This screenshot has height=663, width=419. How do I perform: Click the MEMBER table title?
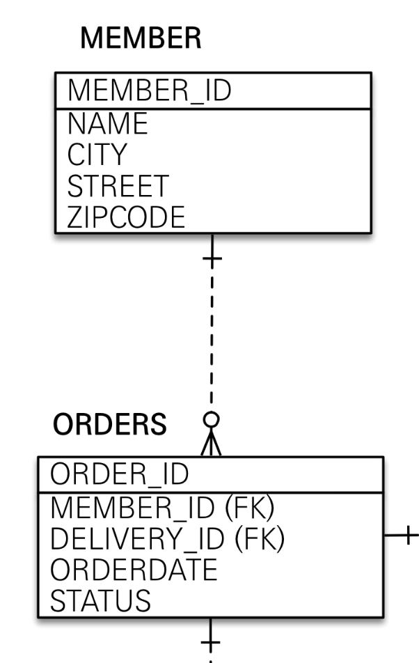141,39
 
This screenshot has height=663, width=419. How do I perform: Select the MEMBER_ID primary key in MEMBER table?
149,91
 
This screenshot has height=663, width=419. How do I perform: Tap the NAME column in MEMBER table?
108,124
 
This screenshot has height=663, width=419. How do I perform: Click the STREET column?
118,186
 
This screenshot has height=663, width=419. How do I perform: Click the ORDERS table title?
111,423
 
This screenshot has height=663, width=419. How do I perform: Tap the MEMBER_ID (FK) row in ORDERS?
160,508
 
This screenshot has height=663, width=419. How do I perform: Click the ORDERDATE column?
132,570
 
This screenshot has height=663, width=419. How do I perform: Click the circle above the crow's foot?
211,421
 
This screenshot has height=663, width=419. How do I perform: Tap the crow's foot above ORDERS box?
211,444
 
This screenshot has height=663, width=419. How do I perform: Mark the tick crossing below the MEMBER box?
211,259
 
